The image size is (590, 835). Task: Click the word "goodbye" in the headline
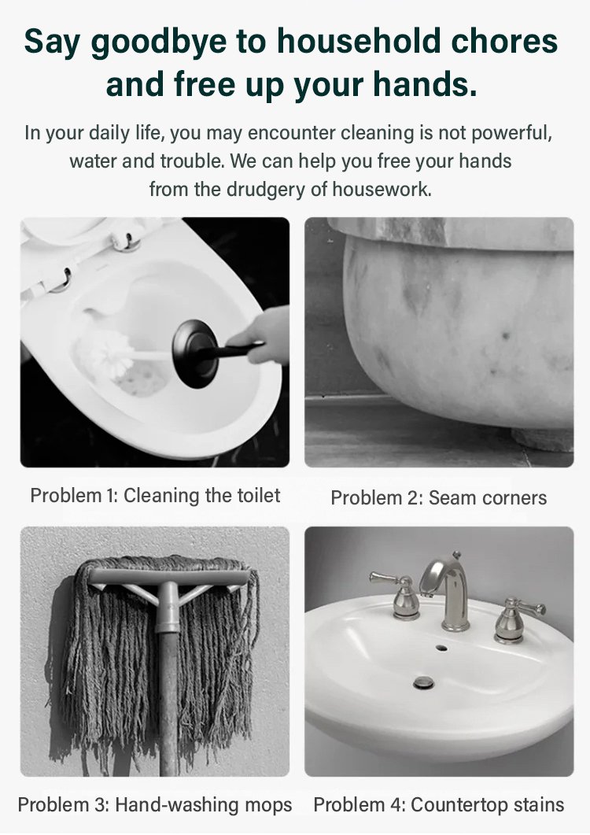coord(159,42)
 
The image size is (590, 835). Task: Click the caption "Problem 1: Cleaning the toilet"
coord(155,495)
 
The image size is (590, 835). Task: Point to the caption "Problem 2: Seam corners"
coord(439,497)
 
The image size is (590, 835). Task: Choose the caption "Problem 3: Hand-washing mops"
coord(155,804)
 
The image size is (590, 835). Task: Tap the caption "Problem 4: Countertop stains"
coord(439,804)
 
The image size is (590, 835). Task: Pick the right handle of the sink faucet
coord(517,619)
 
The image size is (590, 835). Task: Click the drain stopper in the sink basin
coord(424,682)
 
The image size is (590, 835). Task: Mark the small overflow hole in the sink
coord(441,648)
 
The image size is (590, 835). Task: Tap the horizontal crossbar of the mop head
coord(169,576)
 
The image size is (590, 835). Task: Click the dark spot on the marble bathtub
coord(505,335)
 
